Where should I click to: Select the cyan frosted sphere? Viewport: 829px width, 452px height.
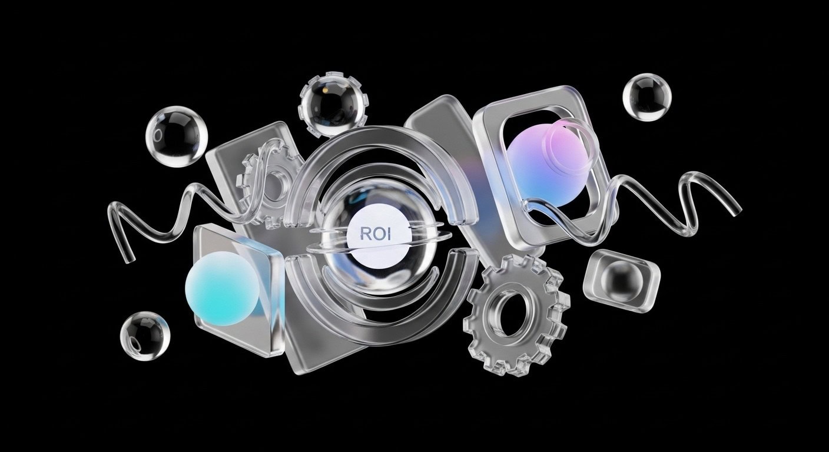[223, 288]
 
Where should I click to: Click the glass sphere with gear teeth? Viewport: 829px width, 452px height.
[333, 105]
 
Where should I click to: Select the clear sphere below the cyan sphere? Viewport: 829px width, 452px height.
[145, 336]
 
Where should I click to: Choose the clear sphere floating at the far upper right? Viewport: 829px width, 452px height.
[647, 97]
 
